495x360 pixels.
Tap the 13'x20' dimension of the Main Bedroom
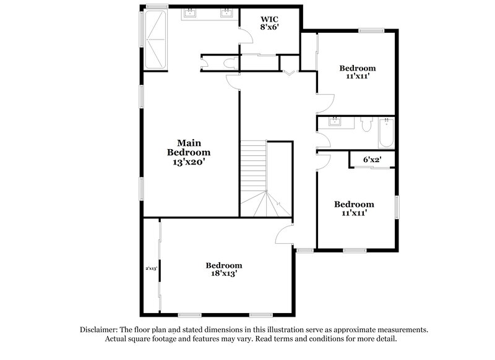[x=189, y=162]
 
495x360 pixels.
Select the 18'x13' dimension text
[x=223, y=273]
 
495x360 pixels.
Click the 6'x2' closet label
[x=371, y=160]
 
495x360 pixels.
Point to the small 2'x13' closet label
[x=152, y=268]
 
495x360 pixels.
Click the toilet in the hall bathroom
[x=366, y=126]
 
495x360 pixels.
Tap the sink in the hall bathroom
[x=335, y=121]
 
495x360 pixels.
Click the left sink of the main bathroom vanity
[x=189, y=13]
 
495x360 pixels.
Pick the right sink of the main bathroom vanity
[x=226, y=13]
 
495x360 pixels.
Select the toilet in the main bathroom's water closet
[x=229, y=62]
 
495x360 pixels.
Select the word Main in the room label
[x=189, y=142]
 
